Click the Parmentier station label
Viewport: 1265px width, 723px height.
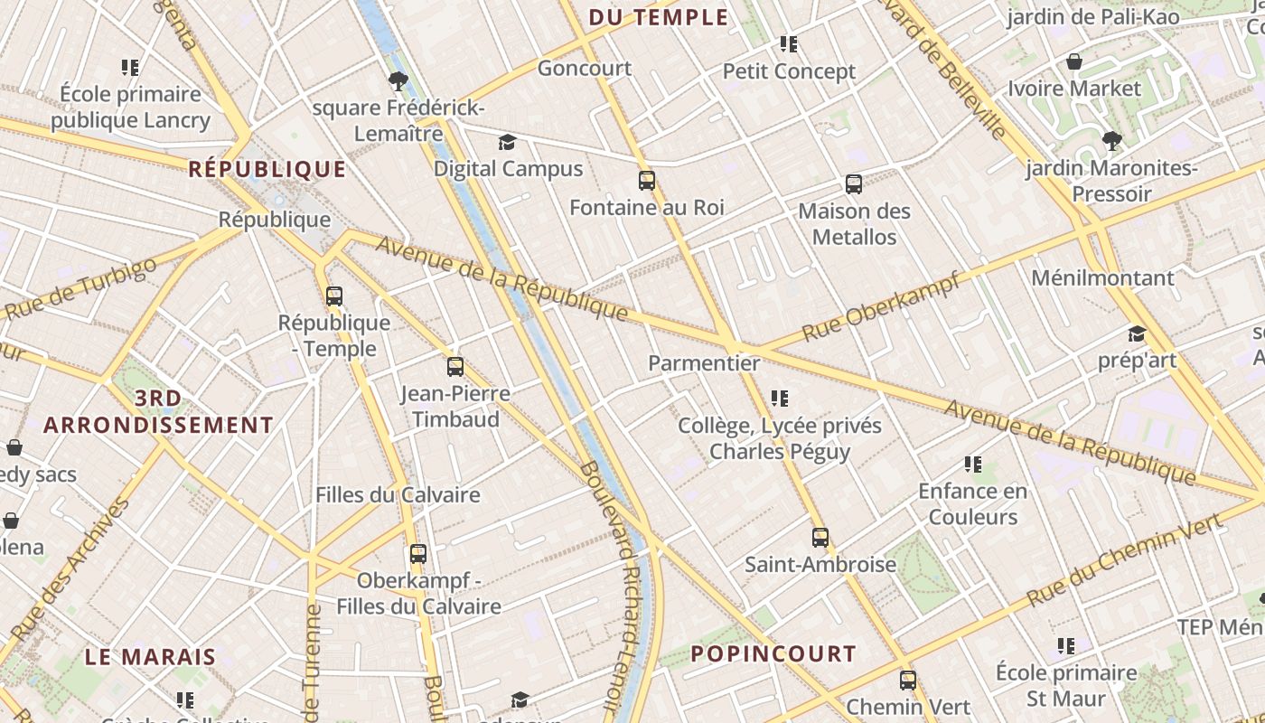[x=704, y=363]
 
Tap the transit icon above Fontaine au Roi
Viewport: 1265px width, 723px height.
[x=647, y=181]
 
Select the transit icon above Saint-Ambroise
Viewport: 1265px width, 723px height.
[x=820, y=538]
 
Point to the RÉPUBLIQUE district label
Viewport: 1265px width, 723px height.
[x=267, y=169]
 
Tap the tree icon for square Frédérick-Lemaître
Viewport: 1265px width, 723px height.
[x=398, y=81]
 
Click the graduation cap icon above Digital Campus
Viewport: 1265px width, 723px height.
[x=508, y=143]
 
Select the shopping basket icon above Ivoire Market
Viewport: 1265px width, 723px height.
[x=1074, y=62]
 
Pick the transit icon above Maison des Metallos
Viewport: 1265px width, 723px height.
[x=854, y=184]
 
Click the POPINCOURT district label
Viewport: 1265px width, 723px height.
[x=773, y=653]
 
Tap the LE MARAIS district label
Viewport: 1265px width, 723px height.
[x=151, y=657]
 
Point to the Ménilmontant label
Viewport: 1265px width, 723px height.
[x=1102, y=277]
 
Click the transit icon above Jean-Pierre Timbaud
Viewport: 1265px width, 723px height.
[x=455, y=367]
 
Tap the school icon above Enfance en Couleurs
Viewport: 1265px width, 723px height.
[x=973, y=465]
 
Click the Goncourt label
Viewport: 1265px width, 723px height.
[x=585, y=69]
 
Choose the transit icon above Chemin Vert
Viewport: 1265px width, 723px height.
[x=908, y=681]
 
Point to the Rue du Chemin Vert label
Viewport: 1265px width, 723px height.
[x=1124, y=559]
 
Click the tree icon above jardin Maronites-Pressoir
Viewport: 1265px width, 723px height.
[x=1112, y=141]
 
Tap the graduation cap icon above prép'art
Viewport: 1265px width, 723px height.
[x=1137, y=334]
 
